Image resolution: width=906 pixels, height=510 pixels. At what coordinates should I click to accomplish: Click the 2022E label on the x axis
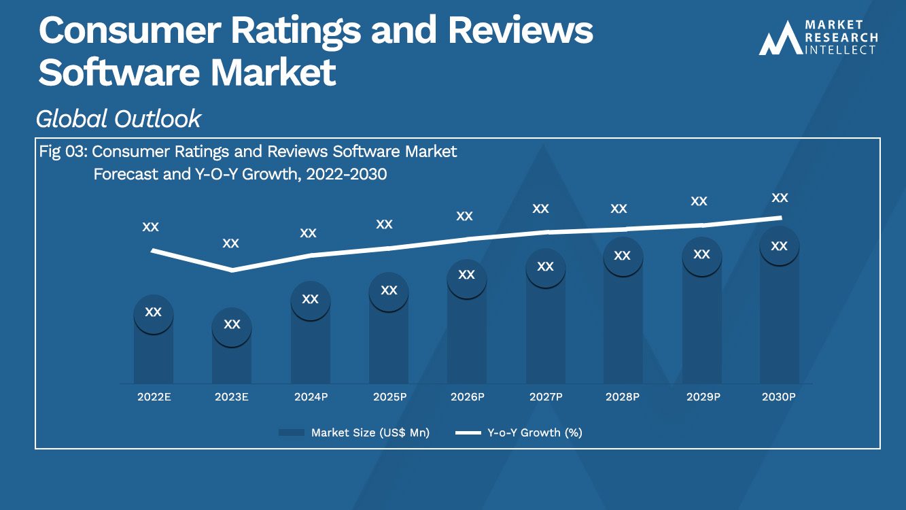pyautogui.click(x=154, y=396)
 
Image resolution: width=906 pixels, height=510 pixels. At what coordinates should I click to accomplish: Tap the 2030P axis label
pyautogui.click(x=778, y=396)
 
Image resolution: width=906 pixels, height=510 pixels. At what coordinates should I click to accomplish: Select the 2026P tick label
pyautogui.click(x=467, y=396)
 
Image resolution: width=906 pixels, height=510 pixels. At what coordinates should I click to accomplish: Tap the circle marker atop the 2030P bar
pyautogui.click(x=779, y=246)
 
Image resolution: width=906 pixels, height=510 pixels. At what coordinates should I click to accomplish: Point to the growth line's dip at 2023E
pyautogui.click(x=232, y=271)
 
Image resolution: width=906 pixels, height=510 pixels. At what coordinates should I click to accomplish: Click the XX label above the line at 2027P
pyautogui.click(x=540, y=209)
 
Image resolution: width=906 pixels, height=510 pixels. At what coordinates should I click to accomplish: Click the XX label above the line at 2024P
pyautogui.click(x=308, y=233)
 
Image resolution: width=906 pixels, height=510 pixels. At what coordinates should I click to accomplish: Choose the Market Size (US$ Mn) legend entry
pyautogui.click(x=354, y=432)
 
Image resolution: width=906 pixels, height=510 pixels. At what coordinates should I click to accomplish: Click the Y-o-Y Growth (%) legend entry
pyautogui.click(x=519, y=432)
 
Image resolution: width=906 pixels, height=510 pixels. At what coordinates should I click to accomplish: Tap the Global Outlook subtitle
pyautogui.click(x=118, y=119)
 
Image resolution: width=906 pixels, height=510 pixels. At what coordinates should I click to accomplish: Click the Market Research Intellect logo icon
pyautogui.click(x=780, y=39)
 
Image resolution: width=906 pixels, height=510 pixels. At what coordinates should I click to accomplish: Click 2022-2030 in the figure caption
pyautogui.click(x=347, y=174)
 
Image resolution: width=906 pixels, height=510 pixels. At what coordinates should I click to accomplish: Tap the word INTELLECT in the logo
pyautogui.click(x=841, y=50)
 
